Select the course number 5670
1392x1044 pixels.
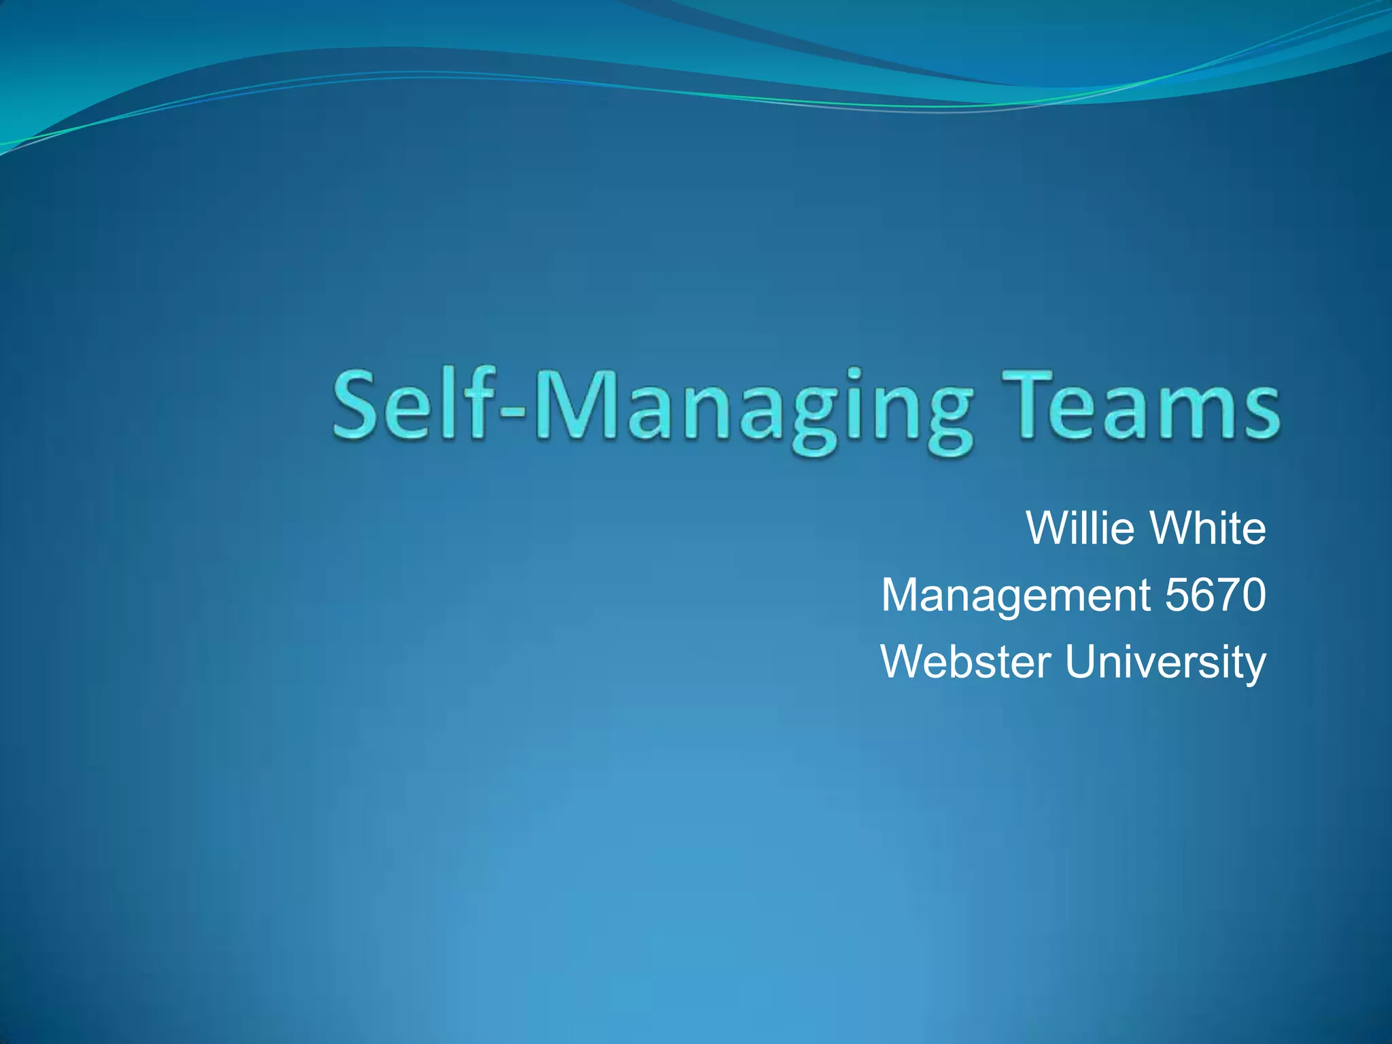pos(1215,595)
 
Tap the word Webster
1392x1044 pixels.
pos(966,661)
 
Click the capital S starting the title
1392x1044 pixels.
pos(357,406)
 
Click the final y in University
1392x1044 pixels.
pos(1255,666)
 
